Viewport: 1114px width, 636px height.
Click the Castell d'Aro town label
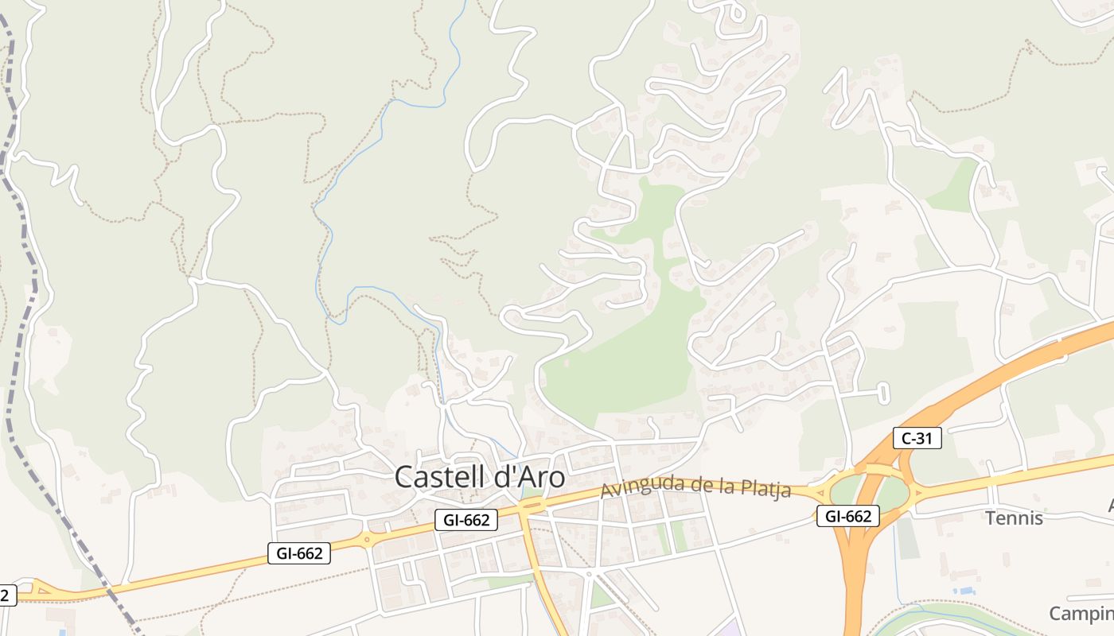coord(480,477)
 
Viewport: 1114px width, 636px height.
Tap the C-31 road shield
coord(917,437)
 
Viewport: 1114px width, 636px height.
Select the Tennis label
coord(1014,518)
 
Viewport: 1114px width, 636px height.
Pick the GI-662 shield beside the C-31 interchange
coord(848,516)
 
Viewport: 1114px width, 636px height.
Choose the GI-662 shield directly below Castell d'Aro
coord(466,521)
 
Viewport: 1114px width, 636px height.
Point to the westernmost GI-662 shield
coord(299,553)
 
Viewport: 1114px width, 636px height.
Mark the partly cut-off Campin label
coord(1081,614)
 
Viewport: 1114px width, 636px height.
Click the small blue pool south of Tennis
coord(964,591)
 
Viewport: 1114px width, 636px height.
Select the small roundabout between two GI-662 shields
coord(368,540)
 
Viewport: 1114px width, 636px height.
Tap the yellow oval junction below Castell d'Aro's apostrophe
coord(532,505)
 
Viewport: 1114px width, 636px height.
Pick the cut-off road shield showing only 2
coord(7,595)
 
